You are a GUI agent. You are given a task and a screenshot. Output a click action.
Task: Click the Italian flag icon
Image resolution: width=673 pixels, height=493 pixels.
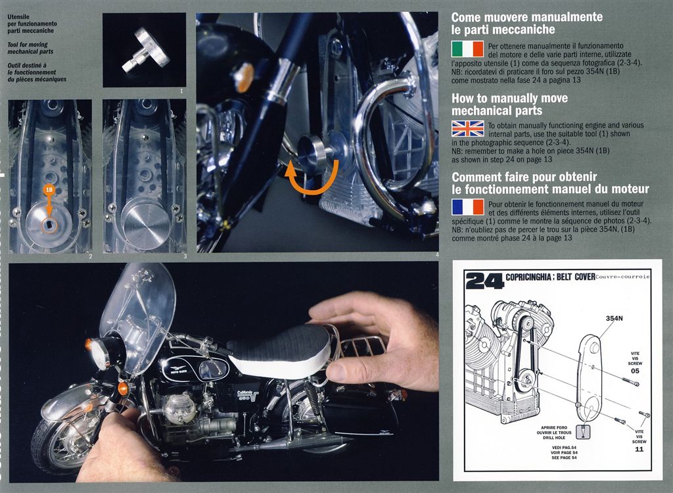pos(467,49)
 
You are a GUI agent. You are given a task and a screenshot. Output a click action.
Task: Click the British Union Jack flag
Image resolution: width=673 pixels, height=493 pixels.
pos(467,128)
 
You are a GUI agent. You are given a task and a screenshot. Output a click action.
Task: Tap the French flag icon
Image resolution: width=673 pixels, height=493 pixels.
pos(467,207)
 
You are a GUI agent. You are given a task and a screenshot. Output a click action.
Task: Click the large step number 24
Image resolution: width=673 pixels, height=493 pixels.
pos(484,281)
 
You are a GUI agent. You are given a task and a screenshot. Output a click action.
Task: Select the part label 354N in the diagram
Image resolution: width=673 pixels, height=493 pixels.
pos(614,318)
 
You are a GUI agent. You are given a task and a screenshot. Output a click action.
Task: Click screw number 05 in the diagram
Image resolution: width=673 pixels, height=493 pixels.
pos(635,371)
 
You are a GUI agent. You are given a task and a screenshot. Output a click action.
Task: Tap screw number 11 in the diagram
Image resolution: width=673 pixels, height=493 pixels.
pos(639,449)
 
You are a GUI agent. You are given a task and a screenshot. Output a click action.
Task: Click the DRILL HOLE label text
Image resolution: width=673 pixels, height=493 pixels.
pos(554,438)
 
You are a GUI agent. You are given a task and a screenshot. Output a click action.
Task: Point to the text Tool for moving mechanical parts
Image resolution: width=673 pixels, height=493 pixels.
pos(30,48)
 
